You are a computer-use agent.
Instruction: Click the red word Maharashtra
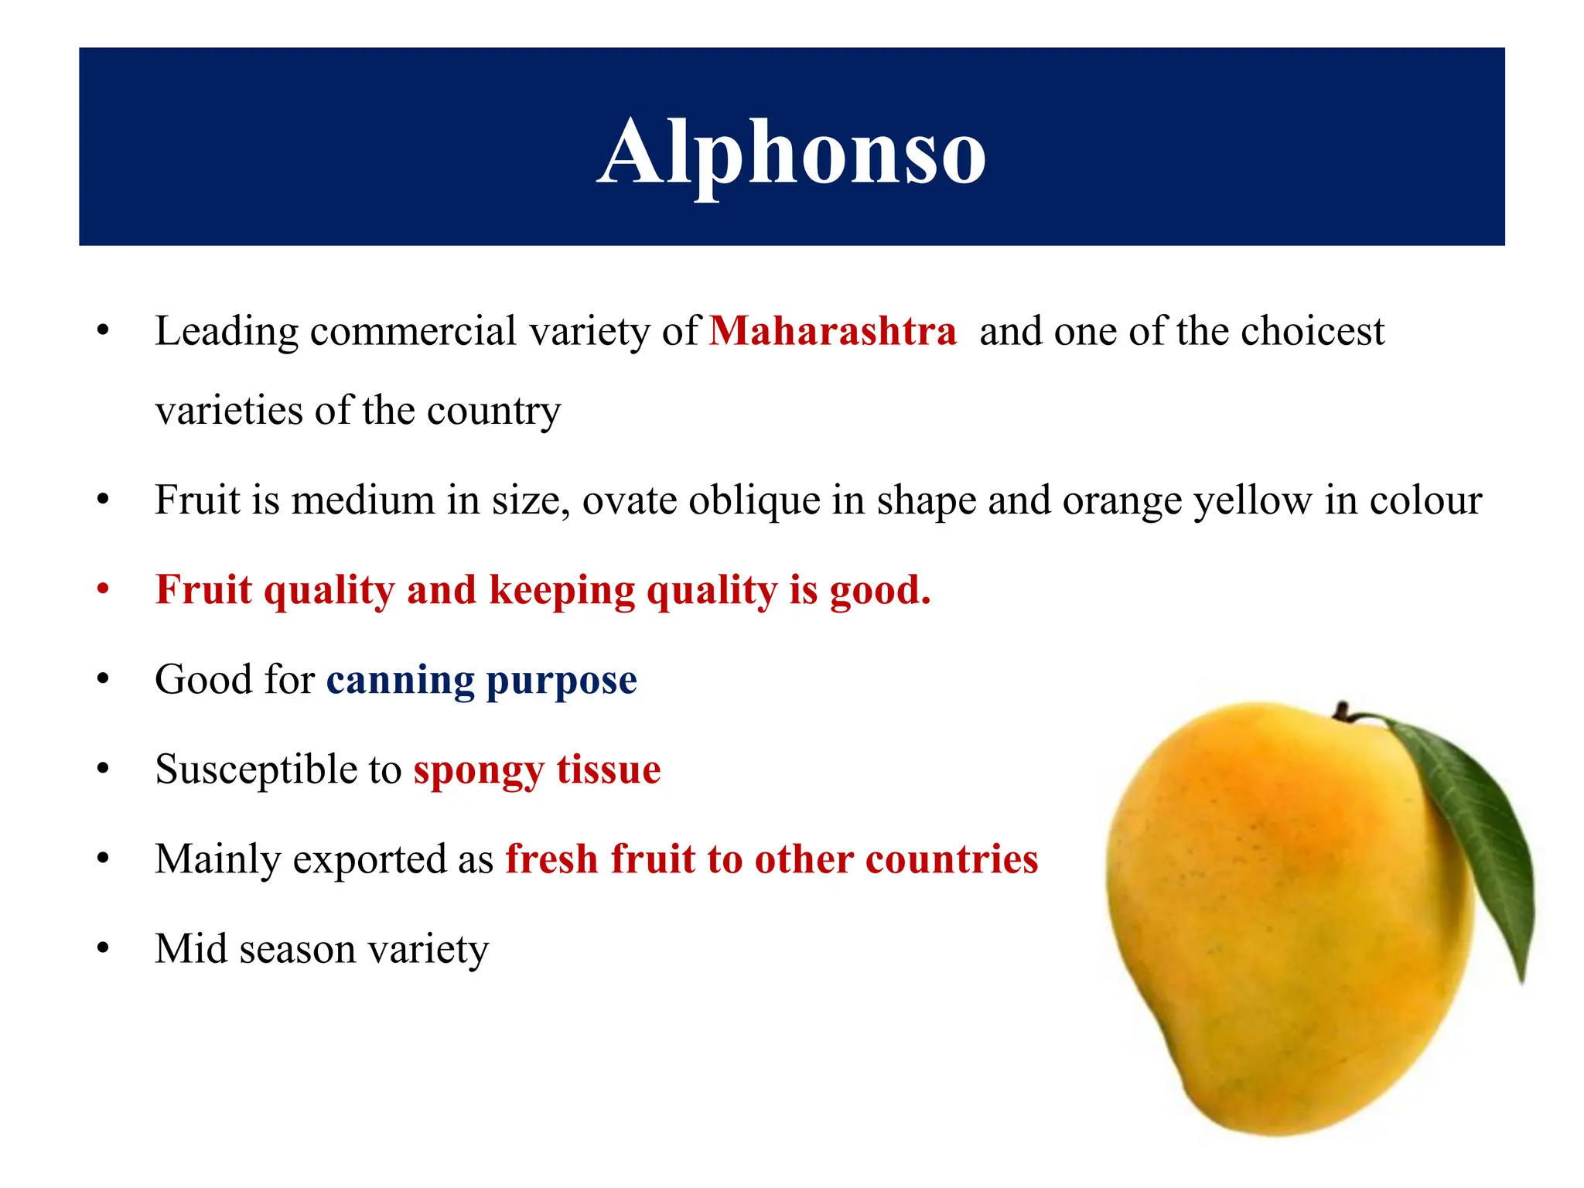(833, 332)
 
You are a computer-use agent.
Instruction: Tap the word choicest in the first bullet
(1312, 332)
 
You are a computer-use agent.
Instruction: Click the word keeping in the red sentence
(562, 591)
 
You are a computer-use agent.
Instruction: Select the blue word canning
(400, 680)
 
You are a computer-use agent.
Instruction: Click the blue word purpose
(561, 681)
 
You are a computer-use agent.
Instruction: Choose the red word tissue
(609, 770)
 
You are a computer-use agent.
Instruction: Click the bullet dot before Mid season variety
(103, 948)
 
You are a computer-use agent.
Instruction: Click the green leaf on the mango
(1470, 828)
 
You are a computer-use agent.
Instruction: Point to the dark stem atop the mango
(1343, 710)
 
